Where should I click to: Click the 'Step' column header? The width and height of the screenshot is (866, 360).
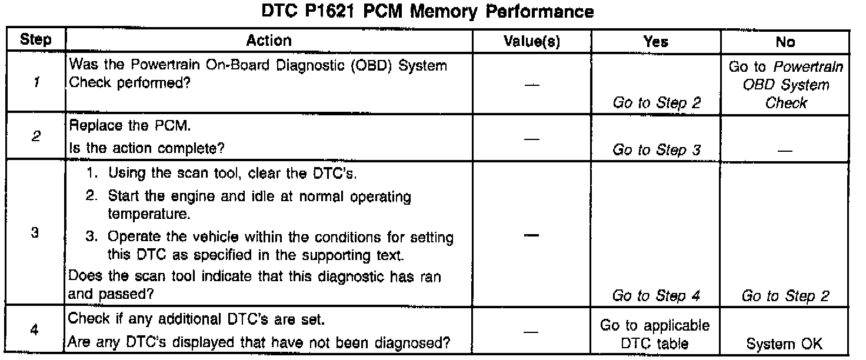(35, 41)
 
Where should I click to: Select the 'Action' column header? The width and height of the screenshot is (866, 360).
(268, 41)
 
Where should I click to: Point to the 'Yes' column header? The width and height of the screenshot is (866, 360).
(656, 41)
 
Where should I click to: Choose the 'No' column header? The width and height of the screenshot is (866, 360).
(785, 41)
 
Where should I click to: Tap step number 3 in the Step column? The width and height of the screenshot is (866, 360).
(35, 233)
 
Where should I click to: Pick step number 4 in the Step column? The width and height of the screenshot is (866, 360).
(35, 331)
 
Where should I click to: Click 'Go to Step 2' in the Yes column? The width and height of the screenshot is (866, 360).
(657, 103)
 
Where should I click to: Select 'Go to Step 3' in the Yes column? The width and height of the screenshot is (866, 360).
(657, 150)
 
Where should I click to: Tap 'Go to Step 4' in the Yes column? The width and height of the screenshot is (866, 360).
(657, 296)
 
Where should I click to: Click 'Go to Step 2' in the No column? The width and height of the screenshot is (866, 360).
(786, 296)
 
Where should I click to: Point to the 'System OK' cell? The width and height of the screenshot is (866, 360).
(786, 344)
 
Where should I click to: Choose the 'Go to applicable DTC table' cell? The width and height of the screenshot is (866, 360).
(657, 334)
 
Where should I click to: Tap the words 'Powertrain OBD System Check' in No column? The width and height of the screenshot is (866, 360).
(786, 85)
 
